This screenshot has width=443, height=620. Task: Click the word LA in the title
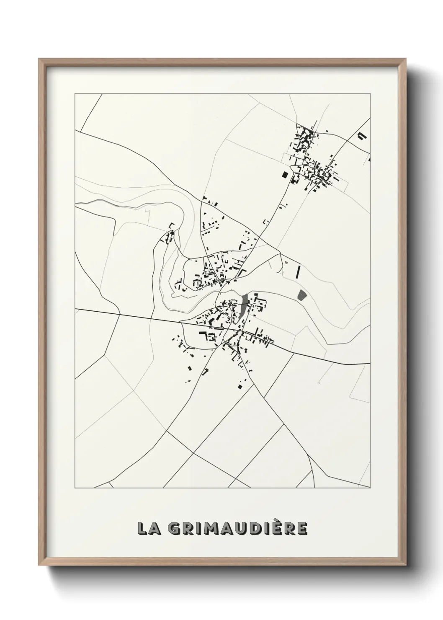coord(147,528)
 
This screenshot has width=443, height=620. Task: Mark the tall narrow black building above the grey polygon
coord(298,272)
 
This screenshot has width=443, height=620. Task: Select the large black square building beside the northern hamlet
coord(285,175)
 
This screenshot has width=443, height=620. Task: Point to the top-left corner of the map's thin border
coord(75,94)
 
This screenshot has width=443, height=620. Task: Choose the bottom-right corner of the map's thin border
coord(371,488)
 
